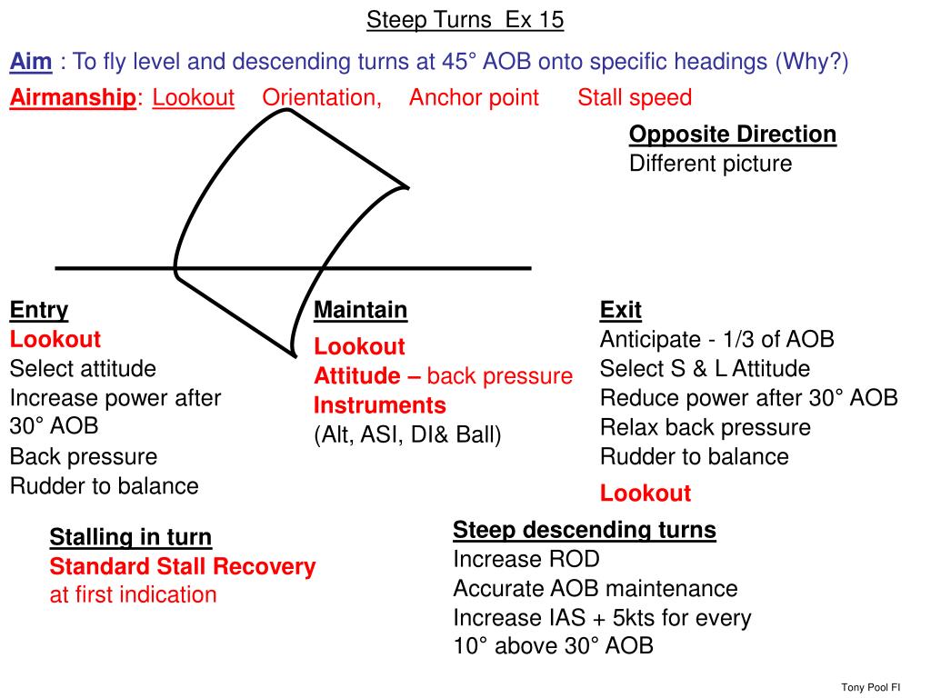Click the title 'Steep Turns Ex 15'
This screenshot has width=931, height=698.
pos(465,20)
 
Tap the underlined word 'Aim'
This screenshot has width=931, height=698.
pos(30,62)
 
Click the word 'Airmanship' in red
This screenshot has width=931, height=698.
pos(73,97)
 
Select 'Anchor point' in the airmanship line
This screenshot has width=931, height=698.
pos(474,97)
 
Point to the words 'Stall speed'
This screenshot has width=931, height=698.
pos(635,97)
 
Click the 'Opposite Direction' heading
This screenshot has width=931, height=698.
pos(732,135)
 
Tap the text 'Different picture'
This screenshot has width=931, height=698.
pos(710,164)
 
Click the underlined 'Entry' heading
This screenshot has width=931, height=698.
pos(39,310)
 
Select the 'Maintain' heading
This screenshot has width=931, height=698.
pos(360,310)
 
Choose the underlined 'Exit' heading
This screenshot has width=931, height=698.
pos(620,310)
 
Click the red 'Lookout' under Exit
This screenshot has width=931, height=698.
pos(645,494)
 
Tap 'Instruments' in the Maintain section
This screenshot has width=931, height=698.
pos(379,404)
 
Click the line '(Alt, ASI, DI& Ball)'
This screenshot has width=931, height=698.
pos(407,434)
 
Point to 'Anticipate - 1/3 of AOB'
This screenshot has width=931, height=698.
pos(716,339)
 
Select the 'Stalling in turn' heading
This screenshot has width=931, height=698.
pos(130,537)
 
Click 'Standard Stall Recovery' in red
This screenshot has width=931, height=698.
pos(182,566)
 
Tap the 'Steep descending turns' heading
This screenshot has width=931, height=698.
pos(584,530)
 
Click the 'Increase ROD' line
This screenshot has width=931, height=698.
pos(526,559)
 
